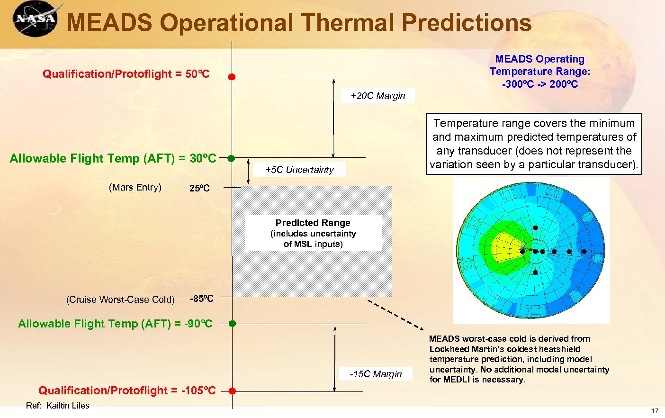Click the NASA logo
pyautogui.click(x=35, y=19)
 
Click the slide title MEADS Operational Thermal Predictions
pyautogui.click(x=299, y=23)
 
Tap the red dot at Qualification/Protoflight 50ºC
pyautogui.click(x=232, y=77)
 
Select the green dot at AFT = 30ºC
pyautogui.click(x=231, y=158)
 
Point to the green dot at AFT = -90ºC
pyautogui.click(x=232, y=324)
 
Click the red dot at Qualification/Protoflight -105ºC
pyautogui.click(x=232, y=391)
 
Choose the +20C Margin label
pyautogui.click(x=377, y=96)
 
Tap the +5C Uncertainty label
pyautogui.click(x=299, y=170)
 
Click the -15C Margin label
pyautogui.click(x=375, y=374)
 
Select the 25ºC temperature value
pyautogui.click(x=199, y=188)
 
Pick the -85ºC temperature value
pyautogui.click(x=202, y=299)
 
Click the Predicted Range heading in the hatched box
pyautogui.click(x=313, y=223)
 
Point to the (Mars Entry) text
pyautogui.click(x=135, y=187)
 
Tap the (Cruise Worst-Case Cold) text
pyautogui.click(x=120, y=300)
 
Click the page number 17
pyautogui.click(x=655, y=411)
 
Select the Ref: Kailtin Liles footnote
pyautogui.click(x=57, y=405)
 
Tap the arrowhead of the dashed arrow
pyautogui.click(x=421, y=327)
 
